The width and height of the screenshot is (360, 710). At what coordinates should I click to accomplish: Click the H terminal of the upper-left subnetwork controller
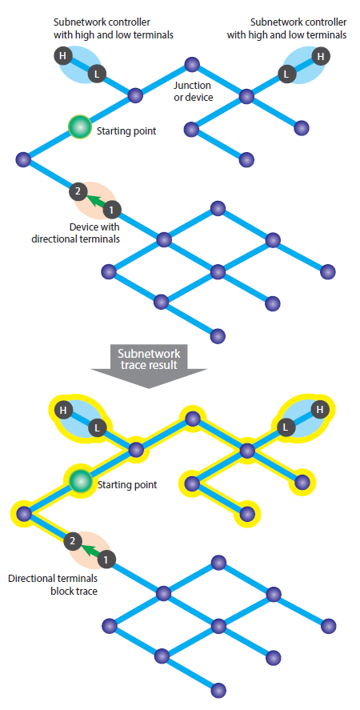[63, 56]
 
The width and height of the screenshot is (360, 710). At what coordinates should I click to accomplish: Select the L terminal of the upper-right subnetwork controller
[286, 73]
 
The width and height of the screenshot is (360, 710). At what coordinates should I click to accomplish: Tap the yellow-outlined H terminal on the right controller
[321, 410]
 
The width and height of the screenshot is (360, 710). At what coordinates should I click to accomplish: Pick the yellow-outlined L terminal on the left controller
[97, 427]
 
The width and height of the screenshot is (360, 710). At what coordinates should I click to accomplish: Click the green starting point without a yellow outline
[79, 127]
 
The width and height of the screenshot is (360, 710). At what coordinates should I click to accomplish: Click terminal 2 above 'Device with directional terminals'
[78, 191]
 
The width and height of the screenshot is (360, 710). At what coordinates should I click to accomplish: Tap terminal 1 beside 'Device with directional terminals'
[112, 209]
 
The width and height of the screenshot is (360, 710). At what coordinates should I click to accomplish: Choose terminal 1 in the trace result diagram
[106, 559]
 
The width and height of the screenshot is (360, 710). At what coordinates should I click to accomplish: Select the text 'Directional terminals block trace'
[53, 584]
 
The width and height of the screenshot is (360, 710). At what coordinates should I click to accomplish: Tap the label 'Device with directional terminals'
[76, 233]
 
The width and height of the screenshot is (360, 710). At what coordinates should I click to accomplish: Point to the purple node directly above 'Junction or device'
[192, 64]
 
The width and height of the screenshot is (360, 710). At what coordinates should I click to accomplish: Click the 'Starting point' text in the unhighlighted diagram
[126, 131]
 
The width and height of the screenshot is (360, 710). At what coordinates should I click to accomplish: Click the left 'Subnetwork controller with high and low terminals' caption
[114, 28]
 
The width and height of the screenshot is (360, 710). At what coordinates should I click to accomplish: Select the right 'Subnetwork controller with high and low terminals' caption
[286, 28]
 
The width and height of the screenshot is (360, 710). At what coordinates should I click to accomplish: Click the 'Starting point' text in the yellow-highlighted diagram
[127, 485]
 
